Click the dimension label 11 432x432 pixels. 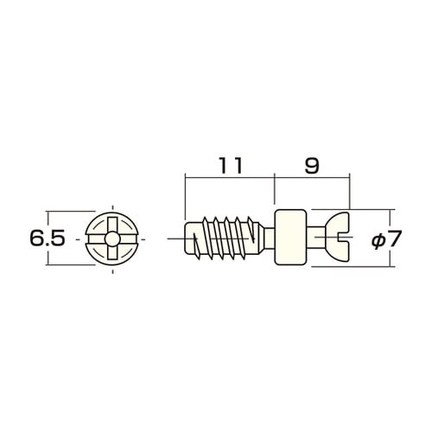tap(231, 165)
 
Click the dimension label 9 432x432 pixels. tap(312, 165)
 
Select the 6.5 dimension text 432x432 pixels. tap(48, 238)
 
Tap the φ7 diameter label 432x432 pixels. tap(386, 238)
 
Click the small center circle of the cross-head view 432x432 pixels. tap(111, 238)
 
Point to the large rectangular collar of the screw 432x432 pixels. tap(290, 237)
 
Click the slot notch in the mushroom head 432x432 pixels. tap(344, 238)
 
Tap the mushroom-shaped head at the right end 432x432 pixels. tap(339, 237)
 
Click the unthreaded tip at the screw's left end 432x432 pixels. tap(192, 238)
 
